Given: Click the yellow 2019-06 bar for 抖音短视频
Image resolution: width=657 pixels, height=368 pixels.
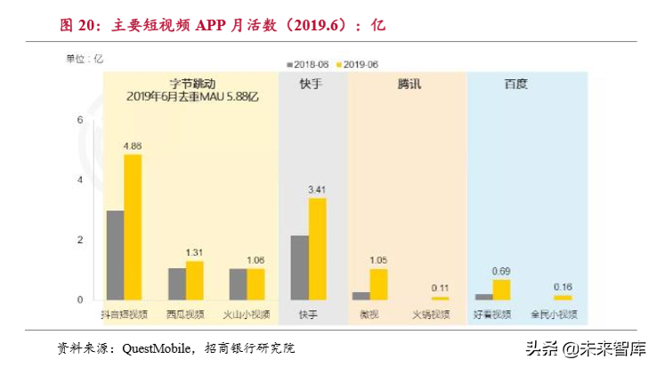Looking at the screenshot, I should (133, 227).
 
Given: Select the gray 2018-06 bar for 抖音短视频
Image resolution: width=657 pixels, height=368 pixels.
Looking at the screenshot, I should (115, 255).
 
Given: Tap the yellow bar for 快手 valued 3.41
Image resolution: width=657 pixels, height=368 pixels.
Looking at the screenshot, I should (317, 249).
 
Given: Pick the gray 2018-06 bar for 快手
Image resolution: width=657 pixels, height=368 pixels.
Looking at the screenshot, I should (299, 267).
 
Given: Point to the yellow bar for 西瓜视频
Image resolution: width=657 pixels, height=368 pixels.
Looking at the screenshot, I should (194, 280).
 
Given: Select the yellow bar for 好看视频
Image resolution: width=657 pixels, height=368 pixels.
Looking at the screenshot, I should (501, 290).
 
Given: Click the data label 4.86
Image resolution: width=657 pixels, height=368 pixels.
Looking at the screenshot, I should (133, 145).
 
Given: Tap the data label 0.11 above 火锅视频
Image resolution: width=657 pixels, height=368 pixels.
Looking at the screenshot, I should (440, 287).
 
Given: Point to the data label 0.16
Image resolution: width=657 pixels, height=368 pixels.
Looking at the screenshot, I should (563, 286).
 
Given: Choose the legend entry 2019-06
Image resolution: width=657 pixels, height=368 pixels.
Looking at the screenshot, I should (357, 64).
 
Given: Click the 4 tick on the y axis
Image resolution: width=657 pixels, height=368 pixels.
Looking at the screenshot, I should (80, 180).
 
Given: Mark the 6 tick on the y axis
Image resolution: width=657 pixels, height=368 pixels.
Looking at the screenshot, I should (80, 120).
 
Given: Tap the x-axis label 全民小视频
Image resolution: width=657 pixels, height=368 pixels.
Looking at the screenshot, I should (555, 314).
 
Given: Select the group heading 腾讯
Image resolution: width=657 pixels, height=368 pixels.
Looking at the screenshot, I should (409, 84).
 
